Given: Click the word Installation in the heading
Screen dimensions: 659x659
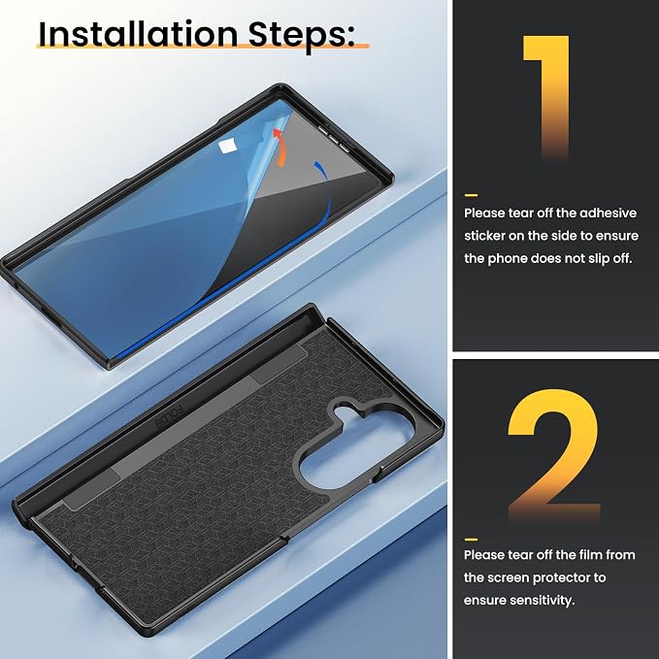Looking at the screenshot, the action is [138, 35].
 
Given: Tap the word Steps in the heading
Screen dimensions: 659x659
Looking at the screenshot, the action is [301, 36].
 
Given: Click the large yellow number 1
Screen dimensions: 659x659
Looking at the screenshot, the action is [546, 97].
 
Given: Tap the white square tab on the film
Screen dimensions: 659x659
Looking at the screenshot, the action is [227, 147].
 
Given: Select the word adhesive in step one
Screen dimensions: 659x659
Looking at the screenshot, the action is [609, 214].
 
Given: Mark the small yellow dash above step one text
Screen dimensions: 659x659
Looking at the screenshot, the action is [471, 195].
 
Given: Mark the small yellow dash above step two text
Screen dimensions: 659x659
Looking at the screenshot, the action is [471, 540].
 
